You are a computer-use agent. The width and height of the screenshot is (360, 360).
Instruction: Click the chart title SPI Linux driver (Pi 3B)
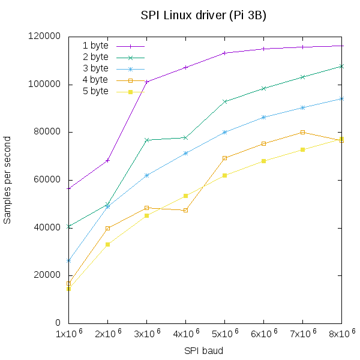(x=203, y=15)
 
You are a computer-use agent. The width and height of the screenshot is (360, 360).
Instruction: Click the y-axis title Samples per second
(x=7, y=179)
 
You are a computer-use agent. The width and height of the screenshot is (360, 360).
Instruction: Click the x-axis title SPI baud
(x=203, y=350)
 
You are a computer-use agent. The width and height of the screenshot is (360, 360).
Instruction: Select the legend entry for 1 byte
(x=95, y=46)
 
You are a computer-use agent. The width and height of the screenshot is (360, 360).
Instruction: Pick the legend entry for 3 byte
(x=95, y=68)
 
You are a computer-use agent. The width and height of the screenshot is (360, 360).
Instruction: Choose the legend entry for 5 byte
(x=95, y=91)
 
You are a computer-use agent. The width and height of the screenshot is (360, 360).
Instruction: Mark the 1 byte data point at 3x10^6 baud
(x=147, y=82)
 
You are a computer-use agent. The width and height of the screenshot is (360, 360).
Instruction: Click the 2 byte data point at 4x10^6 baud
(x=186, y=137)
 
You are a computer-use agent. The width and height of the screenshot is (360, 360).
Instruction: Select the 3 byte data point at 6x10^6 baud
(x=264, y=117)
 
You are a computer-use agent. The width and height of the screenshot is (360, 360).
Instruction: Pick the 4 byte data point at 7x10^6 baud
(x=303, y=132)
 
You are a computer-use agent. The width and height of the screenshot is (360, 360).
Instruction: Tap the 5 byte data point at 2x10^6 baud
(x=108, y=244)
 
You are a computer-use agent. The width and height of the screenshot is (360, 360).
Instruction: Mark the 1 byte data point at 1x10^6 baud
(x=69, y=188)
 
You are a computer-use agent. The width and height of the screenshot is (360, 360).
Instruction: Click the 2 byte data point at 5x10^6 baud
(x=225, y=101)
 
